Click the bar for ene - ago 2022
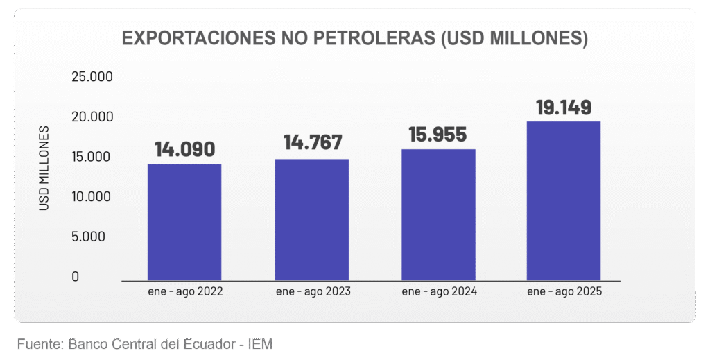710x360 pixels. click(x=184, y=222)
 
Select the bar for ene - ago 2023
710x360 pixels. click(x=311, y=220)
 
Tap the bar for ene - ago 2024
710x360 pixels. click(x=438, y=215)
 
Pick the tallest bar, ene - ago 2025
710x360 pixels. click(x=564, y=201)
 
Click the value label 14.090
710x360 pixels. click(x=184, y=149)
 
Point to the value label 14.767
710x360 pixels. click(x=312, y=143)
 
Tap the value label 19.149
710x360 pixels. click(x=564, y=108)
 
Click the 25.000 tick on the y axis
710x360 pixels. click(x=92, y=76)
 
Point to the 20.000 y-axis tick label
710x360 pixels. click(x=92, y=117)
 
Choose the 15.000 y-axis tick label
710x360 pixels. click(x=92, y=157)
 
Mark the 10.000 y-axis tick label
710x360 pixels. click(x=92, y=196)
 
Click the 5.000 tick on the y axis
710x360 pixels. click(x=89, y=237)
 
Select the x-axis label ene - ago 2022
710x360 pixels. click(x=184, y=292)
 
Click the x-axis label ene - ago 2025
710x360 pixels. click(x=564, y=292)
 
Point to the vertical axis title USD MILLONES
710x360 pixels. click(x=44, y=169)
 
